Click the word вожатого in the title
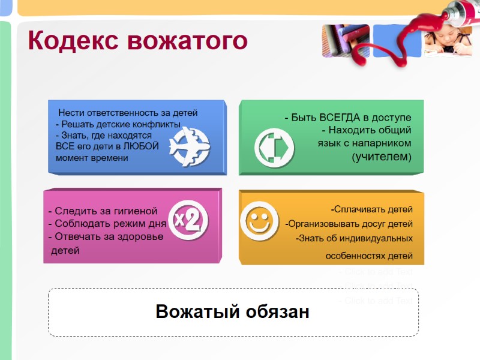click(187, 41)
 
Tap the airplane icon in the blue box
click(189, 146)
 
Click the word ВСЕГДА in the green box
click(341, 117)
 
